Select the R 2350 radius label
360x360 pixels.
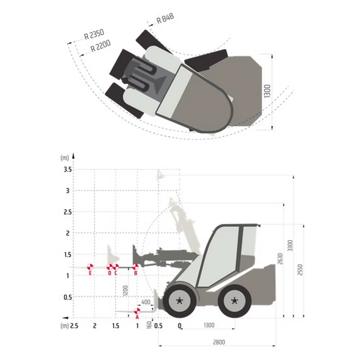pos(94,34)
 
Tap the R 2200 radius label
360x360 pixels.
pos(100,46)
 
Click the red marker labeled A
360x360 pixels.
pos(137,311)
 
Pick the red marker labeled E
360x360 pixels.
pos(90,267)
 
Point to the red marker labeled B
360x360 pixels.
pos(135,267)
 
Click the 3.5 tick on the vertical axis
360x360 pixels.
pos(68,170)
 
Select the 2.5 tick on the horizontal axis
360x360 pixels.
pos(74,326)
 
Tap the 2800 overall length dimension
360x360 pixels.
pos(219,342)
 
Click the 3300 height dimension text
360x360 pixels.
pos(290,246)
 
